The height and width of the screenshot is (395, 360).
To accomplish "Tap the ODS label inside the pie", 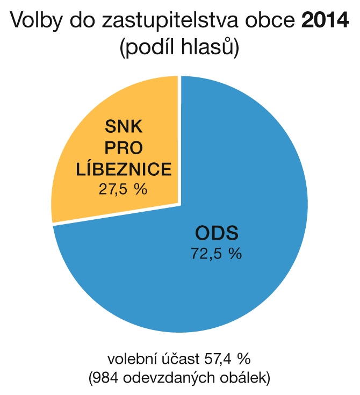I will pyautogui.click(x=217, y=233).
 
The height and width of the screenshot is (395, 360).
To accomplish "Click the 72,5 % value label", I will pyautogui.click(x=217, y=253).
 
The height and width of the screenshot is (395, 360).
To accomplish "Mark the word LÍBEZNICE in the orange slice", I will pyautogui.click(x=124, y=169).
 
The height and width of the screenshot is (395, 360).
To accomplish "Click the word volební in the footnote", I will pyautogui.click(x=129, y=358).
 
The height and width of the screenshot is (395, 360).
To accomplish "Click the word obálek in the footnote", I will pyautogui.click(x=247, y=378).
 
